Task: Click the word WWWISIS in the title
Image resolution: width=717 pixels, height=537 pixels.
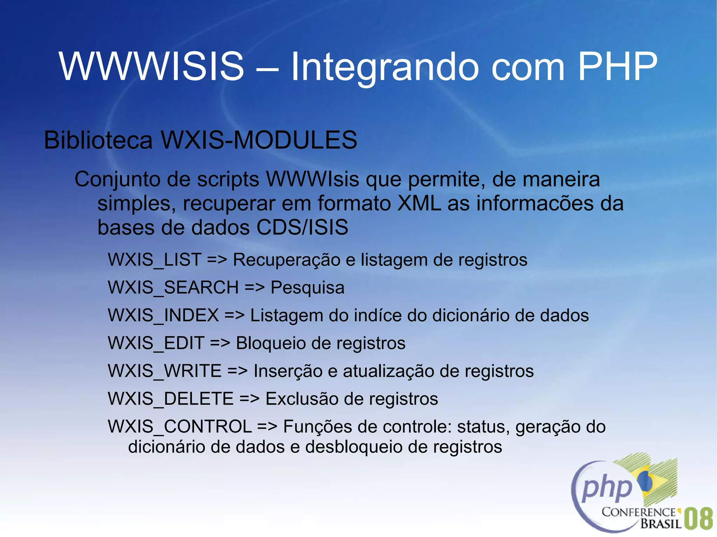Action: click(x=151, y=66)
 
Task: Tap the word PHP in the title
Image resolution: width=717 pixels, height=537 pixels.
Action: click(x=617, y=66)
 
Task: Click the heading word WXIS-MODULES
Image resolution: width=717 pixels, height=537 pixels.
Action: click(x=259, y=140)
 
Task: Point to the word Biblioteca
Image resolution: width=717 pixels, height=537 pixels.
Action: click(x=98, y=140)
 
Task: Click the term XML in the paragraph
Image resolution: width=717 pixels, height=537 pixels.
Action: click(x=419, y=203)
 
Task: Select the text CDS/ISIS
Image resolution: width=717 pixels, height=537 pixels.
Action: click(x=302, y=227)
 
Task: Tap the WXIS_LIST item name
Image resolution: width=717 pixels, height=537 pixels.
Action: click(x=154, y=260)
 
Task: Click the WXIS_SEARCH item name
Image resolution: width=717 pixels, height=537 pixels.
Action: click(x=173, y=288)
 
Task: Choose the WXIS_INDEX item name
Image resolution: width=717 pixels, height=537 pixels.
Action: click(x=163, y=316)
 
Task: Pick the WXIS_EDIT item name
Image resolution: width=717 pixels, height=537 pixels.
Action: click(x=156, y=343)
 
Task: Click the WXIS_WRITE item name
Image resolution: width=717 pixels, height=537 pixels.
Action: click(x=165, y=371)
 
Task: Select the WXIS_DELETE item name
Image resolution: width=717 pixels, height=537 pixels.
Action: click(x=170, y=399)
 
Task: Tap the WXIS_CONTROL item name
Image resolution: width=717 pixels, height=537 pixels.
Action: click(x=180, y=427)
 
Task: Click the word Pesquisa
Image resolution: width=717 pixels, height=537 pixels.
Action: click(x=307, y=288)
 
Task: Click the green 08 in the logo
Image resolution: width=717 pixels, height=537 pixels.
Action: click(x=698, y=518)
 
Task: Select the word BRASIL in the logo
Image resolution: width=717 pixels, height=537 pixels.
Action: click(x=661, y=523)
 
